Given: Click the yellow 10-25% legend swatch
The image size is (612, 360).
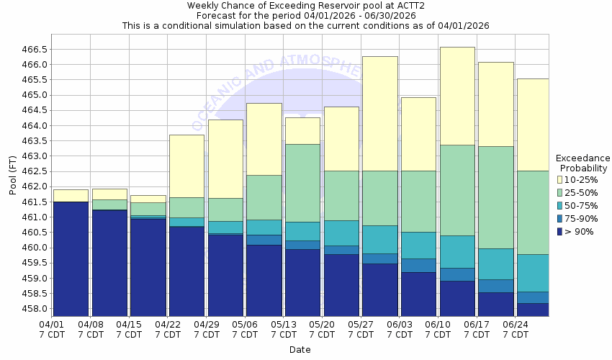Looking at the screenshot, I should pyautogui.click(x=560, y=179).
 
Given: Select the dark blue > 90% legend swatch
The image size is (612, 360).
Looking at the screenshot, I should pyautogui.click(x=560, y=231).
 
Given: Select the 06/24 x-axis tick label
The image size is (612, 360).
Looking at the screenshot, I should pyautogui.click(x=516, y=325).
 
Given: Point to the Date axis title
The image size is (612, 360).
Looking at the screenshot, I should pyautogui.click(x=300, y=350).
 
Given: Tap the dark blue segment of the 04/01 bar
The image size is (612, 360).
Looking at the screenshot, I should pyautogui.click(x=71, y=259).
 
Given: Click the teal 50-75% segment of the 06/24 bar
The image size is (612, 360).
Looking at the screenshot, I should pyautogui.click(x=533, y=273).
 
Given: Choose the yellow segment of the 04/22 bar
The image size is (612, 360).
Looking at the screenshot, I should pyautogui.click(x=186, y=166).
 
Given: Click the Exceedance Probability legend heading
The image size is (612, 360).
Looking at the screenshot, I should pyautogui.click(x=582, y=163).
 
